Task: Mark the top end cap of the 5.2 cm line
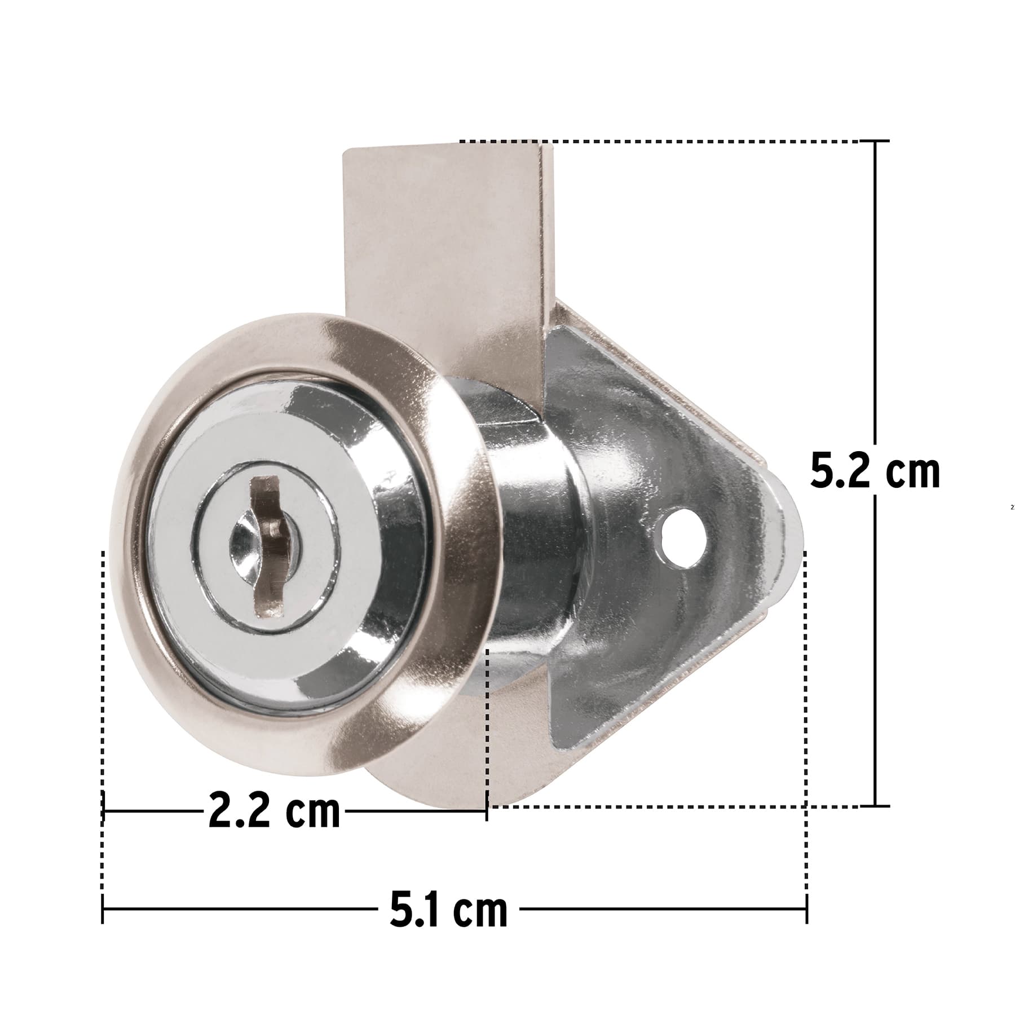[875, 141]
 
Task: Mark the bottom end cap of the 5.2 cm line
[875, 806]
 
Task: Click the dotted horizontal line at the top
[660, 141]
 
